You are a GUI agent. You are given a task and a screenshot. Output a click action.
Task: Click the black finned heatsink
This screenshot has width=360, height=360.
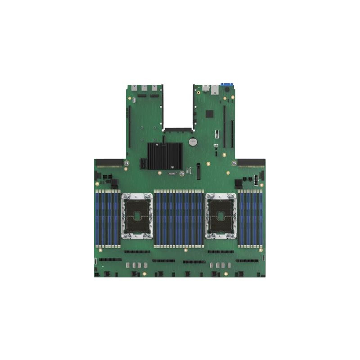(x=165, y=156)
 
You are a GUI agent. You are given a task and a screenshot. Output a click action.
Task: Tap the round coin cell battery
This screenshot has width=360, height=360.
(x=193, y=143)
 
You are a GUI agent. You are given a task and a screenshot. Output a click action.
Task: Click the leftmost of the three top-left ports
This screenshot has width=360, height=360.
(x=134, y=89)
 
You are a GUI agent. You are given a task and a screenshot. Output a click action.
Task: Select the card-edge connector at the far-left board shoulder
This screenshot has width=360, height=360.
(x=108, y=161)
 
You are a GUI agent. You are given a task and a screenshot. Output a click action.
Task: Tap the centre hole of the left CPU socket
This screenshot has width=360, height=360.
(x=136, y=217)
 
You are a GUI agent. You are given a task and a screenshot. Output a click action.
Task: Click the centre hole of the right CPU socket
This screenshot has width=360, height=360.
(x=221, y=217)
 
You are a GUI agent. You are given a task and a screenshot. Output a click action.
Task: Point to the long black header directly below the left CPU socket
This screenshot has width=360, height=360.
(x=137, y=252)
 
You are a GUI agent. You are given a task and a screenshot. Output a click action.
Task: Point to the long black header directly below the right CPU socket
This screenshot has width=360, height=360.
(x=220, y=252)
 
